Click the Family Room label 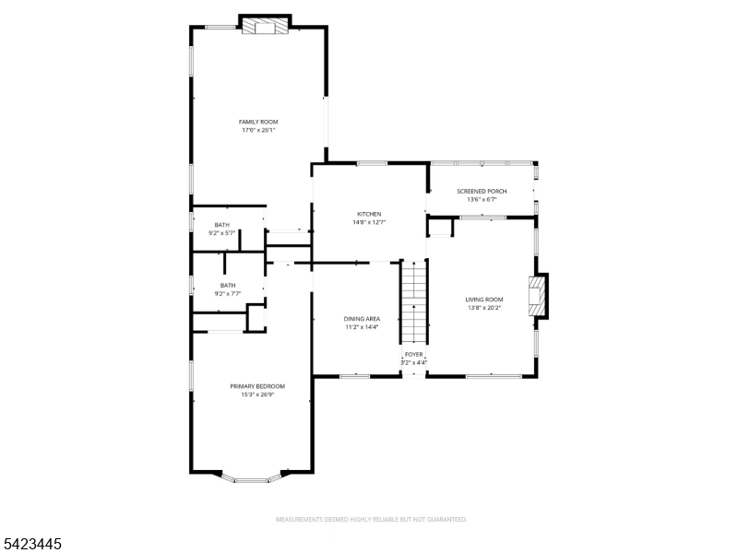(258, 122)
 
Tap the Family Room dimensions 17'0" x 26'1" (258, 130)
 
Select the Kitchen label (369, 214)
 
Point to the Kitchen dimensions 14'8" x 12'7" (369, 222)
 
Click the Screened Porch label (482, 191)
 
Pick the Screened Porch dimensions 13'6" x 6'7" (482, 199)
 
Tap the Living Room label (483, 299)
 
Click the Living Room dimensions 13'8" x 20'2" (483, 307)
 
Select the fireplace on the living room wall (537, 297)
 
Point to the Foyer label (414, 354)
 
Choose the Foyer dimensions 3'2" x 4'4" (414, 362)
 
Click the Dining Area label (363, 318)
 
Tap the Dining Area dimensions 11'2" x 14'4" (363, 326)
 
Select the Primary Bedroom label (257, 385)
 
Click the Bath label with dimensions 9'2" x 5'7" (222, 225)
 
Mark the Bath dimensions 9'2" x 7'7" (227, 294)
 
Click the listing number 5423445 (32, 545)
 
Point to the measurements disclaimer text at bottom (371, 519)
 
